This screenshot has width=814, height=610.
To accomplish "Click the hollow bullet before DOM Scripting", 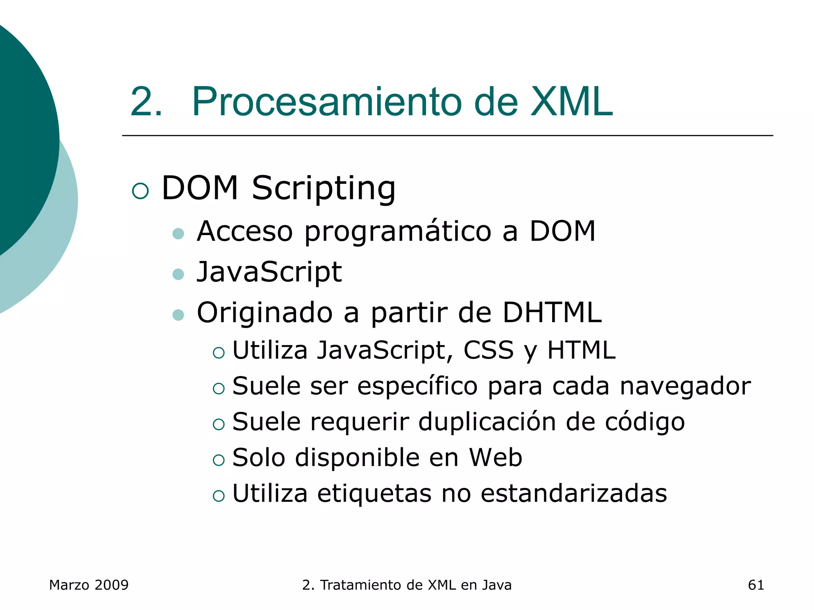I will [x=140, y=191].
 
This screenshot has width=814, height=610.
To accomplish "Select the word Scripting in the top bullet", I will [x=324, y=189].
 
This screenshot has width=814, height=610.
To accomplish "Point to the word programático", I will [x=398, y=232].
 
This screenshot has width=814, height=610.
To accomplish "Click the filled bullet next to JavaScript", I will [x=178, y=274].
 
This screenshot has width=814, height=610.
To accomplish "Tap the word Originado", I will [x=265, y=313].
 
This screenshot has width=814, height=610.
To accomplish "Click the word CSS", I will [x=488, y=350].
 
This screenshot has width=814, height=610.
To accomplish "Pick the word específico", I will [x=417, y=386].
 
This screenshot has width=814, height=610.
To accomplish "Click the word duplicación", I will [x=487, y=422].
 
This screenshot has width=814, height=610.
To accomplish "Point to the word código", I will [x=645, y=423].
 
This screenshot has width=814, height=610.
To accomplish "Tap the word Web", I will [x=495, y=457].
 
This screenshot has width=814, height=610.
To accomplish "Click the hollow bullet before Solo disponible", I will [x=219, y=460].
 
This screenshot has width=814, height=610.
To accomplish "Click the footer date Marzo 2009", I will [x=89, y=585].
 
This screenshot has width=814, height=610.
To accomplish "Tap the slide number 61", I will [x=756, y=585].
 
